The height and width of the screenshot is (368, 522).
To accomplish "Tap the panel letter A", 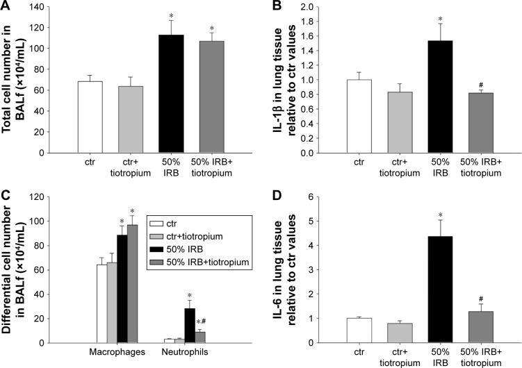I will [x=7, y=7].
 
